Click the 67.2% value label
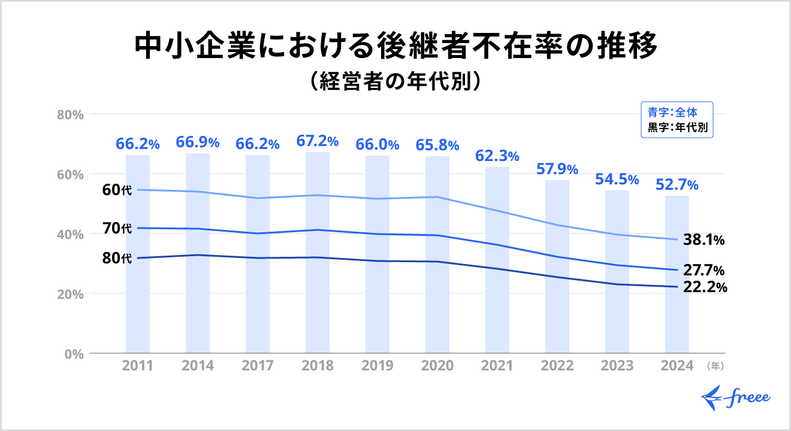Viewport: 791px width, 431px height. pos(318,142)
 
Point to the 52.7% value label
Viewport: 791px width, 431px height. pos(677,184)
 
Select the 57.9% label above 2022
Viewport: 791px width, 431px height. pos(557,169)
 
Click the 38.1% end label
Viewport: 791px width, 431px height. pos(704,240)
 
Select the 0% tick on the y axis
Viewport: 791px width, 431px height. pos(73,354)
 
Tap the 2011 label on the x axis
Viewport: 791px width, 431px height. pos(138,366)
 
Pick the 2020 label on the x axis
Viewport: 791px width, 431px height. pos(437,366)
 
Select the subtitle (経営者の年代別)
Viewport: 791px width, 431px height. pos(395,81)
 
